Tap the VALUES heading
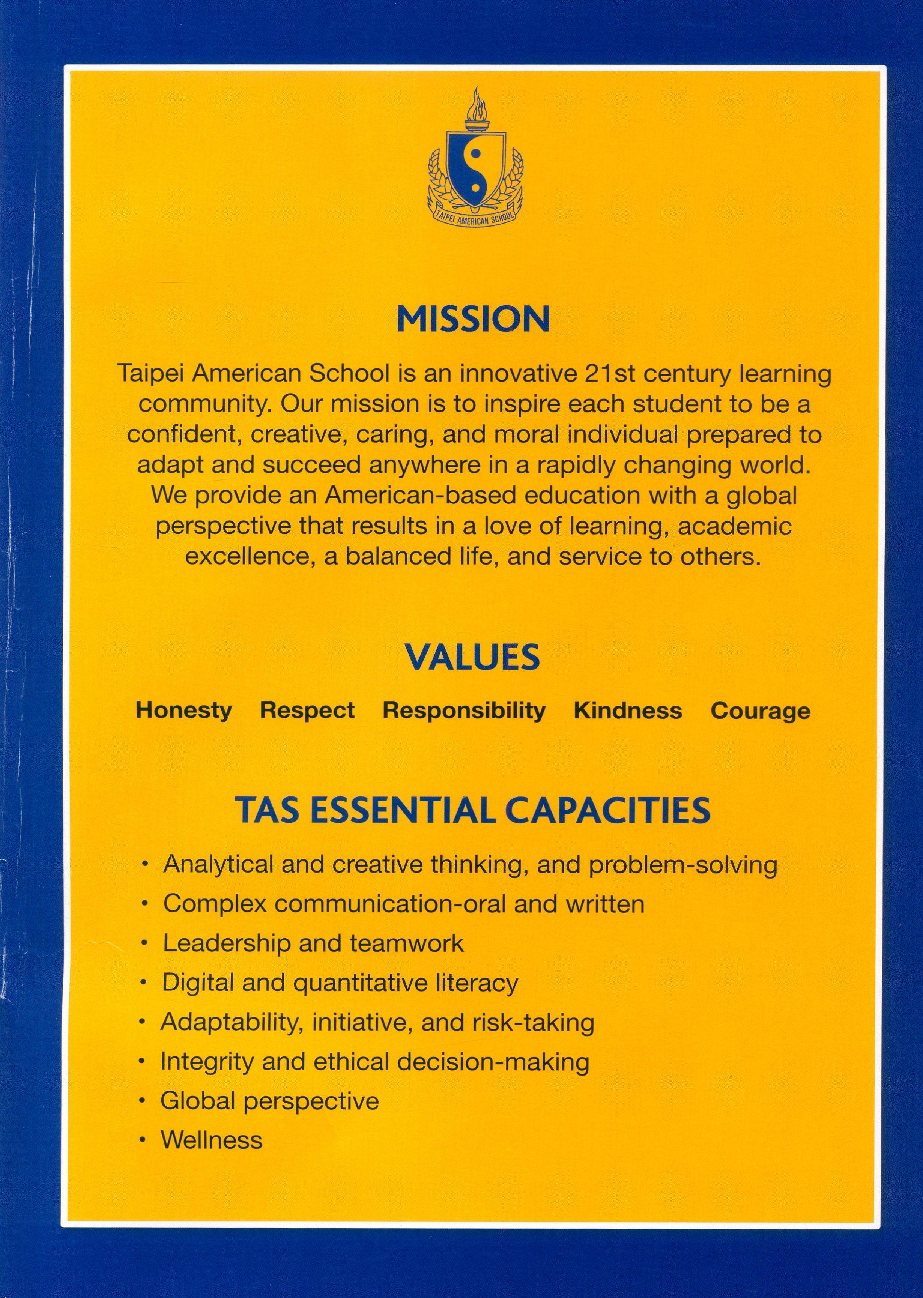click(472, 658)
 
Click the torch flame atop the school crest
click(476, 104)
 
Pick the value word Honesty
click(183, 711)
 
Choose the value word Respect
click(307, 711)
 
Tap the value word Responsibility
click(464, 711)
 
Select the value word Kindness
click(628, 711)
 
